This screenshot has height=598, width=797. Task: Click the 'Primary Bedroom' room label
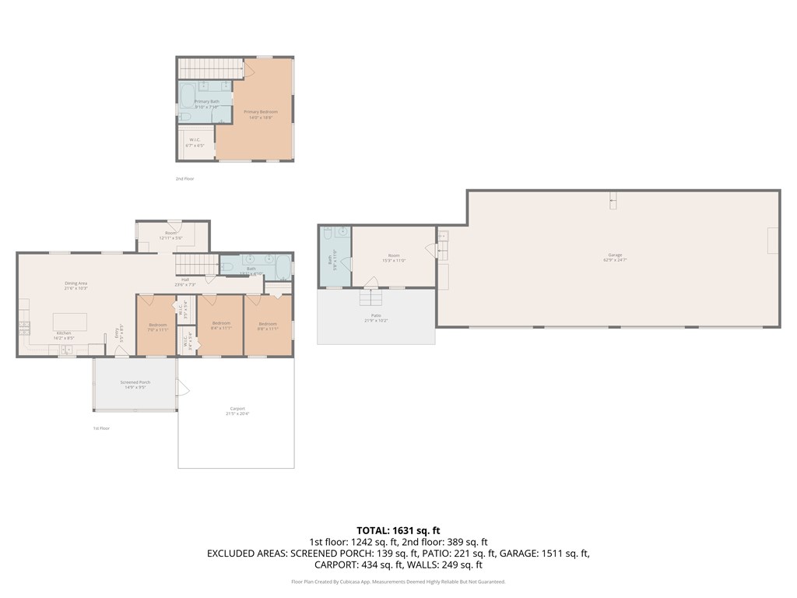coord(260,112)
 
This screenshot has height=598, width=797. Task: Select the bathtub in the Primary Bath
coord(188,96)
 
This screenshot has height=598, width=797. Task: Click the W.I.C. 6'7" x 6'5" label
coord(195,142)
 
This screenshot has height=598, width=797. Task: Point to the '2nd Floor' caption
coord(184,179)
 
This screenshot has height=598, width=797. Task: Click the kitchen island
coord(69,322)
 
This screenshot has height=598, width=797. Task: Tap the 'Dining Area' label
coord(75,285)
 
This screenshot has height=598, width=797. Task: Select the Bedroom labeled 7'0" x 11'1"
coord(157,326)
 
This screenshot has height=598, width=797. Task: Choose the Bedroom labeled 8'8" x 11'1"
coord(268,325)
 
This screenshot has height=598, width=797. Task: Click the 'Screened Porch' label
coord(135,384)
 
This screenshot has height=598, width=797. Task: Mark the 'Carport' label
coord(237,410)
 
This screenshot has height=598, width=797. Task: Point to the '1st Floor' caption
coord(100,428)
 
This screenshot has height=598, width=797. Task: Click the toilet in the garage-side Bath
coord(328,233)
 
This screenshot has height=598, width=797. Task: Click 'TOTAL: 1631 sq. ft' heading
coord(398,530)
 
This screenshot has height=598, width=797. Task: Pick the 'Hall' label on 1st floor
coord(185,280)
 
